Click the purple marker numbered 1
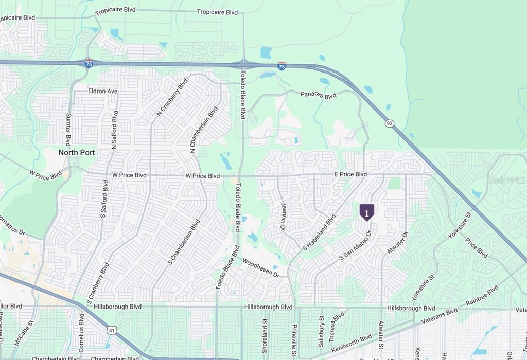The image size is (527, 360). [366, 212]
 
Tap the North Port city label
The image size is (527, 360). [77, 152]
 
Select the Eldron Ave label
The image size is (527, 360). [103, 91]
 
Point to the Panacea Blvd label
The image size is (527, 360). [318, 95]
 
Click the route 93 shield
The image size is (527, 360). [390, 123]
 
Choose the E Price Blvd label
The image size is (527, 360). [350, 174]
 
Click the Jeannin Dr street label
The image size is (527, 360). [283, 216]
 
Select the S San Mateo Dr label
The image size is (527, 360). [355, 247]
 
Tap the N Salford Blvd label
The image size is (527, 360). [114, 130]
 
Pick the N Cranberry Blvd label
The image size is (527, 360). [173, 97]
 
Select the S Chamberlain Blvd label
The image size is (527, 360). [184, 242]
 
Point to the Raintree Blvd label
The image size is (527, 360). [482, 297]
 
